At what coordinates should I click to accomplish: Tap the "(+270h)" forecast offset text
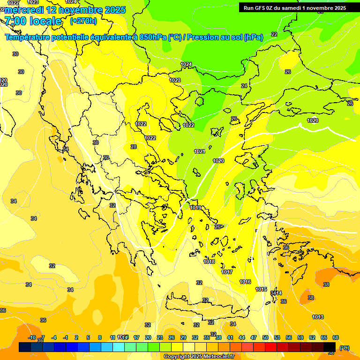tap(83, 21)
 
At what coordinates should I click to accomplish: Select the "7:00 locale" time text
tap(32, 21)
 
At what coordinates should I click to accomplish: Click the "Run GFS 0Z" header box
tap(295, 7)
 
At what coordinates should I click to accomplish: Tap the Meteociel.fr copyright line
tap(199, 356)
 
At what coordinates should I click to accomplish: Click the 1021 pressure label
tap(200, 151)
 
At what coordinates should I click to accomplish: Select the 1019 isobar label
tap(195, 208)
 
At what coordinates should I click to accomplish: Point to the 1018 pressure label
tap(209, 262)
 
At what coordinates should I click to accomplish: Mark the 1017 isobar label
tap(227, 272)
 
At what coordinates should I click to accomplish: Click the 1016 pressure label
tap(245, 282)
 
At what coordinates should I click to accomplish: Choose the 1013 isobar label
tap(318, 317)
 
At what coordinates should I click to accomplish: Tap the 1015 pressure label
tap(262, 289)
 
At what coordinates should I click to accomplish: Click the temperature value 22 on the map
tap(274, 34)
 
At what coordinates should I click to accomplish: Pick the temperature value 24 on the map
tap(244, 86)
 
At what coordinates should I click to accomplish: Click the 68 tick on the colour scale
tap(336, 337)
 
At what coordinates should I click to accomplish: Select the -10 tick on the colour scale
tap(32, 337)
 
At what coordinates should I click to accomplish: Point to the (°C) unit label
tap(345, 347)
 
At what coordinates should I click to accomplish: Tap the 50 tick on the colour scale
tap(265, 337)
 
